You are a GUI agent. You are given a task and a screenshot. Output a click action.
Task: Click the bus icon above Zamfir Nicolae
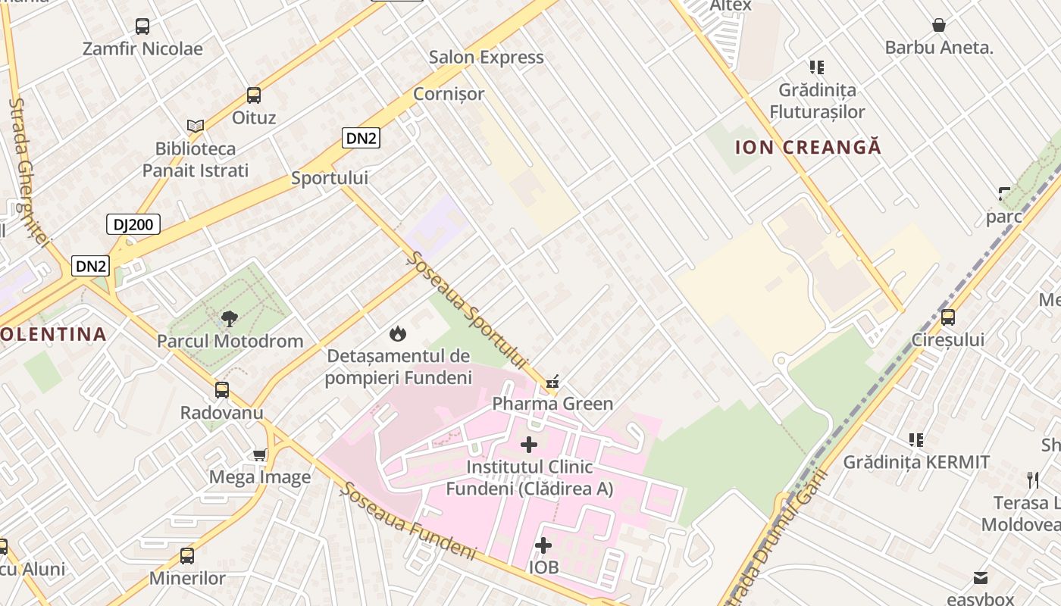(142, 27)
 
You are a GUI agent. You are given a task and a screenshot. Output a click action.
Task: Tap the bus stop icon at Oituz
(254, 95)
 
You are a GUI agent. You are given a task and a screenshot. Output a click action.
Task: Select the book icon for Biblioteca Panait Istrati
(196, 126)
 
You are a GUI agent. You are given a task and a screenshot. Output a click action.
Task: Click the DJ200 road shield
(133, 224)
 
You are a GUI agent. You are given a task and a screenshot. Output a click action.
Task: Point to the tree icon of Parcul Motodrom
(230, 318)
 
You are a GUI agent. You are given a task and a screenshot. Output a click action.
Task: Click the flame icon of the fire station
(397, 333)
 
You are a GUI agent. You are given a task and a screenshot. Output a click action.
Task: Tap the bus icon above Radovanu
(222, 390)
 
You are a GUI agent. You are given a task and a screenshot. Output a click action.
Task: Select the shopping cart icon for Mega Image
(260, 454)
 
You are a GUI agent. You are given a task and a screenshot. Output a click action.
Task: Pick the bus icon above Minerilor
(187, 556)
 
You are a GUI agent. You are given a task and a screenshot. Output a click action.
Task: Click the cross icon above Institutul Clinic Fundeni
(529, 445)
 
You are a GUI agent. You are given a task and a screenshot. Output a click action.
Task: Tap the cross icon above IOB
(543, 545)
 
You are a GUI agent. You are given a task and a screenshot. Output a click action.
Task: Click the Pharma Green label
(552, 404)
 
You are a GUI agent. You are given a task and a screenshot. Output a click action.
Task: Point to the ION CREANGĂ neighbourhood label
(809, 147)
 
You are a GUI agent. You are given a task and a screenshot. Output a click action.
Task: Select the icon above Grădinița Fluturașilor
(817, 67)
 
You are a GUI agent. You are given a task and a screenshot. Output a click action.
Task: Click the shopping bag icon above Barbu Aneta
(939, 26)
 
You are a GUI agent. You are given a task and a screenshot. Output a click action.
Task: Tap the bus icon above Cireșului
(948, 317)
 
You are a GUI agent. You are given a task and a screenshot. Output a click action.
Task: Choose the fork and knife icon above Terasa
(1033, 479)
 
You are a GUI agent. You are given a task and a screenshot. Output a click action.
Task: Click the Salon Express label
(487, 58)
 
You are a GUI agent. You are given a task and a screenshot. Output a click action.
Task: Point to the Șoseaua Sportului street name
(467, 311)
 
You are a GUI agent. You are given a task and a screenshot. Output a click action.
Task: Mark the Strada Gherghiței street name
(29, 170)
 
